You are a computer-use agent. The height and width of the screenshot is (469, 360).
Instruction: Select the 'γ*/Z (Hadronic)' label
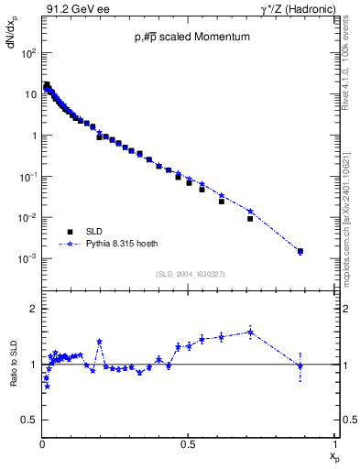(x=297, y=9)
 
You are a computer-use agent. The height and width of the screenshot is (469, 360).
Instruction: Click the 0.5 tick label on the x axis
(x=188, y=443)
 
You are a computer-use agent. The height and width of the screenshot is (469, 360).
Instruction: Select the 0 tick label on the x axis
(x=42, y=443)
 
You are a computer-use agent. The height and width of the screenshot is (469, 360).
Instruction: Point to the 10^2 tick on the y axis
(x=28, y=53)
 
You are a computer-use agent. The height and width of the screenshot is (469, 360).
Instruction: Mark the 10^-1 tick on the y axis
(x=28, y=177)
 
